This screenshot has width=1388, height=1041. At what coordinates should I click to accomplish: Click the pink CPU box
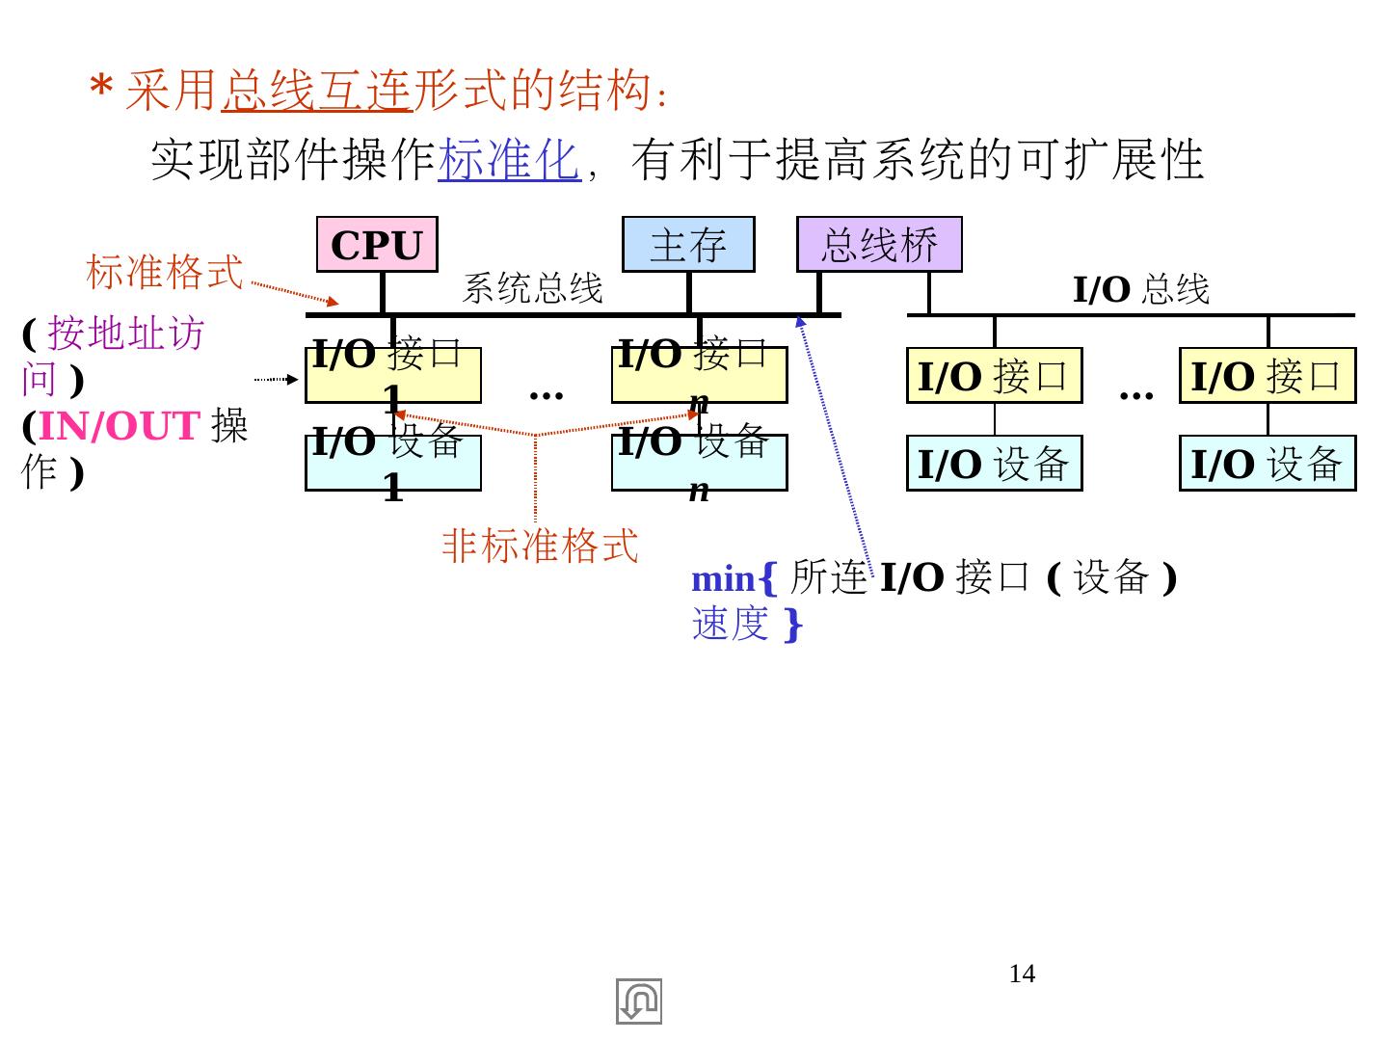point(377,245)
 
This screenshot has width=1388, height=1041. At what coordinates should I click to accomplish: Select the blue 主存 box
point(687,245)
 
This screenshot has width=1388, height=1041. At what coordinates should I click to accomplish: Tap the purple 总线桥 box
point(878,245)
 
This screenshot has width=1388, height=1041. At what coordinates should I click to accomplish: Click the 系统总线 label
point(532,288)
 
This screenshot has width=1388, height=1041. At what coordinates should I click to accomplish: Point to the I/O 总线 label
point(1140,289)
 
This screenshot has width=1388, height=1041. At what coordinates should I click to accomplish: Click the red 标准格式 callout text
point(165,272)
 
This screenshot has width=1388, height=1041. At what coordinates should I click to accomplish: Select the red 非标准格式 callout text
point(540,546)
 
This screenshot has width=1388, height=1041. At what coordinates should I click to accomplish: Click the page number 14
point(1022,974)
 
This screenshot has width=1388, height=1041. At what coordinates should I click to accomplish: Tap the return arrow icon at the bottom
point(639,1001)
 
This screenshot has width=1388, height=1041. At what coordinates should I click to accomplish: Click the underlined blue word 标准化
point(509,160)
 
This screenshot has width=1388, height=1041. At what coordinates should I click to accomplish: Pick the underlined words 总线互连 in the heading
point(316,92)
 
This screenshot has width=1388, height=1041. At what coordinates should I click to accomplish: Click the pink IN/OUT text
point(119,426)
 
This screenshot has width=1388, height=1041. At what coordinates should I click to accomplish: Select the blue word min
point(723,579)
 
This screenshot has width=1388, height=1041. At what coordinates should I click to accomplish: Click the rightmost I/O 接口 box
point(1267,376)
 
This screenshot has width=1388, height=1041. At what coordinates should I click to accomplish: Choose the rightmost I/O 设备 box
point(1267,464)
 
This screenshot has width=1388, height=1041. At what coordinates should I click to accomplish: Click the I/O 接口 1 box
point(392,376)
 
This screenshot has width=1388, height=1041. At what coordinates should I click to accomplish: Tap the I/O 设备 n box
point(699,464)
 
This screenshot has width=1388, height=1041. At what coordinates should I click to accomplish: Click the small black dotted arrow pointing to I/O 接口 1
point(277,380)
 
